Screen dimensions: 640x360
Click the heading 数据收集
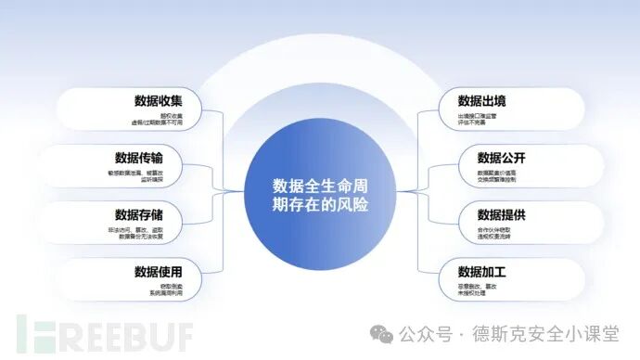click(x=159, y=101)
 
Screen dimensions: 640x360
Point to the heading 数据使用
click(x=159, y=272)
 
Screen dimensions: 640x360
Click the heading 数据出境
click(x=482, y=100)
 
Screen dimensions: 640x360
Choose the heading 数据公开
click(x=502, y=157)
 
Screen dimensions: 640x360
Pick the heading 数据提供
click(x=502, y=215)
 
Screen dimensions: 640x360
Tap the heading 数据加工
click(x=482, y=272)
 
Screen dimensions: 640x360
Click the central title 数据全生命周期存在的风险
click(x=319, y=192)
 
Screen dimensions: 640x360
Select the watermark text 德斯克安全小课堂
click(x=554, y=332)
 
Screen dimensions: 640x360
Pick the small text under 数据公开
click(x=501, y=176)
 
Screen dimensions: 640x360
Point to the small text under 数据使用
click(x=165, y=291)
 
